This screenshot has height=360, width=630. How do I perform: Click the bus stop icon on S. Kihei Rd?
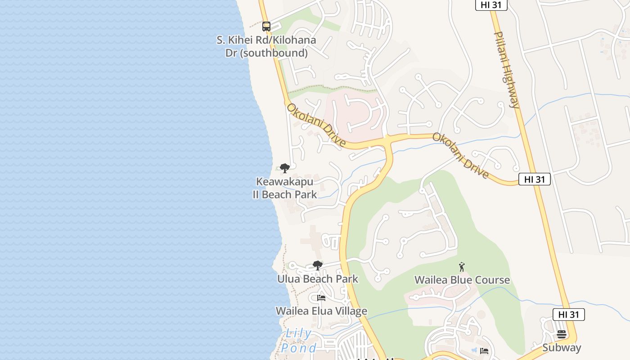(x=266, y=26)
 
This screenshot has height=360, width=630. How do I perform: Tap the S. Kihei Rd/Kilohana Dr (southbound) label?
(x=266, y=46)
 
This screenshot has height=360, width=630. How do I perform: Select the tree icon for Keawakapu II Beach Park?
(x=284, y=169)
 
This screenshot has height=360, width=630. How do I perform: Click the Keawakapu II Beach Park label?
(x=284, y=188)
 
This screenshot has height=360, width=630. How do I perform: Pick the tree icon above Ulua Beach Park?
(x=317, y=265)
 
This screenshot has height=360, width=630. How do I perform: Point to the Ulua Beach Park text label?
(x=318, y=279)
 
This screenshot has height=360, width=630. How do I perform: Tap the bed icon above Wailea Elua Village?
(x=321, y=298)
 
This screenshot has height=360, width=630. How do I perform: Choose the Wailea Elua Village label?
(x=321, y=311)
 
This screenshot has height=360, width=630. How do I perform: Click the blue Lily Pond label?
(x=298, y=341)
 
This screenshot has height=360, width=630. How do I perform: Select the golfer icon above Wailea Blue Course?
(x=461, y=267)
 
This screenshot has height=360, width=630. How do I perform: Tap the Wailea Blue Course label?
(x=462, y=280)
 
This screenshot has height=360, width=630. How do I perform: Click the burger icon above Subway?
(x=561, y=334)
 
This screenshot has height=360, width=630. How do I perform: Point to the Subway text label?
(x=562, y=347)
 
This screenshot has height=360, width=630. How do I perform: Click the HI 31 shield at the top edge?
(x=491, y=4)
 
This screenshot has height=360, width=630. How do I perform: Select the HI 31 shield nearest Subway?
(x=569, y=315)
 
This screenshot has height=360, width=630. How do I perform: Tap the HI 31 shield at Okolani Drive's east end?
(x=535, y=179)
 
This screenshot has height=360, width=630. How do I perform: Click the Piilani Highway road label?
(x=507, y=70)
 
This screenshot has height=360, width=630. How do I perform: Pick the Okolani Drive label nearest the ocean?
(x=316, y=126)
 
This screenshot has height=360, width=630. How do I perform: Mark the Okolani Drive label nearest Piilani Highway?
(x=461, y=155)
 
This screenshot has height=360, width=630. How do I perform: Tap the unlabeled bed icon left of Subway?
(x=484, y=351)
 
